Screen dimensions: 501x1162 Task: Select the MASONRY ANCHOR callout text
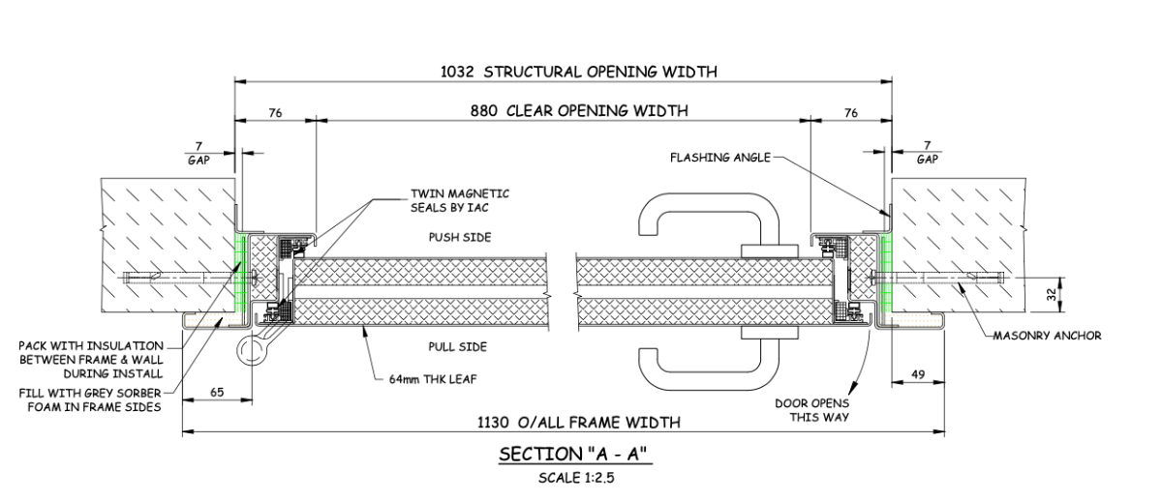coord(1048,337)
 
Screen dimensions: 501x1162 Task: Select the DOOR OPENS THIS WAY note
coord(811,410)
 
